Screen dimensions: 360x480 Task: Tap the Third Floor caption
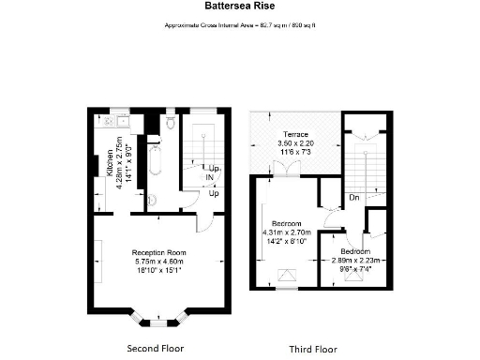(x=312, y=348)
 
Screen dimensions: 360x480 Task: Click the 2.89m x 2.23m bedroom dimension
(x=355, y=262)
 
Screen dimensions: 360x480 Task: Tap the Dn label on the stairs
(x=354, y=199)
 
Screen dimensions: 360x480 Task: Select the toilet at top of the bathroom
(x=169, y=123)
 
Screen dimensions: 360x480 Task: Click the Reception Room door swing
(x=203, y=223)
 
